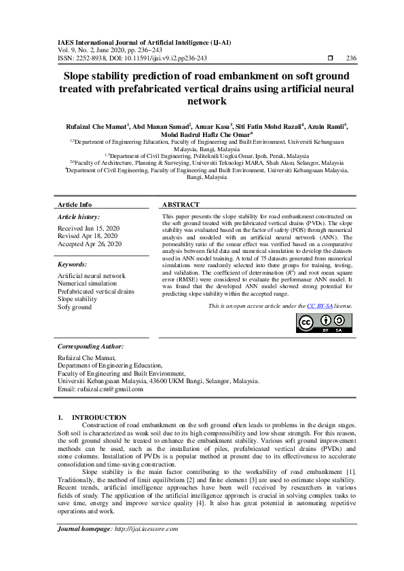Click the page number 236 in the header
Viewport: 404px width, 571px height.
pos(351,58)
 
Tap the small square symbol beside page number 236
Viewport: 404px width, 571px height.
pos(329,58)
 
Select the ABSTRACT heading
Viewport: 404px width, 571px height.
pos(181,204)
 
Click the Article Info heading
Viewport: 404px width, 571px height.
pos(75,204)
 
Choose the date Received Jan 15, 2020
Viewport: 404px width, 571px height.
pos(88,228)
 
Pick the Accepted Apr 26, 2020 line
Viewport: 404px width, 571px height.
pos(90,243)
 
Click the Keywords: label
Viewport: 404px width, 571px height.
pos(73,264)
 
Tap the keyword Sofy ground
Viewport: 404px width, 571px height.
pos(75,307)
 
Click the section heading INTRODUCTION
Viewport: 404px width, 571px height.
pos(99,417)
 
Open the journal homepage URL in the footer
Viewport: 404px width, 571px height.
pos(146,528)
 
